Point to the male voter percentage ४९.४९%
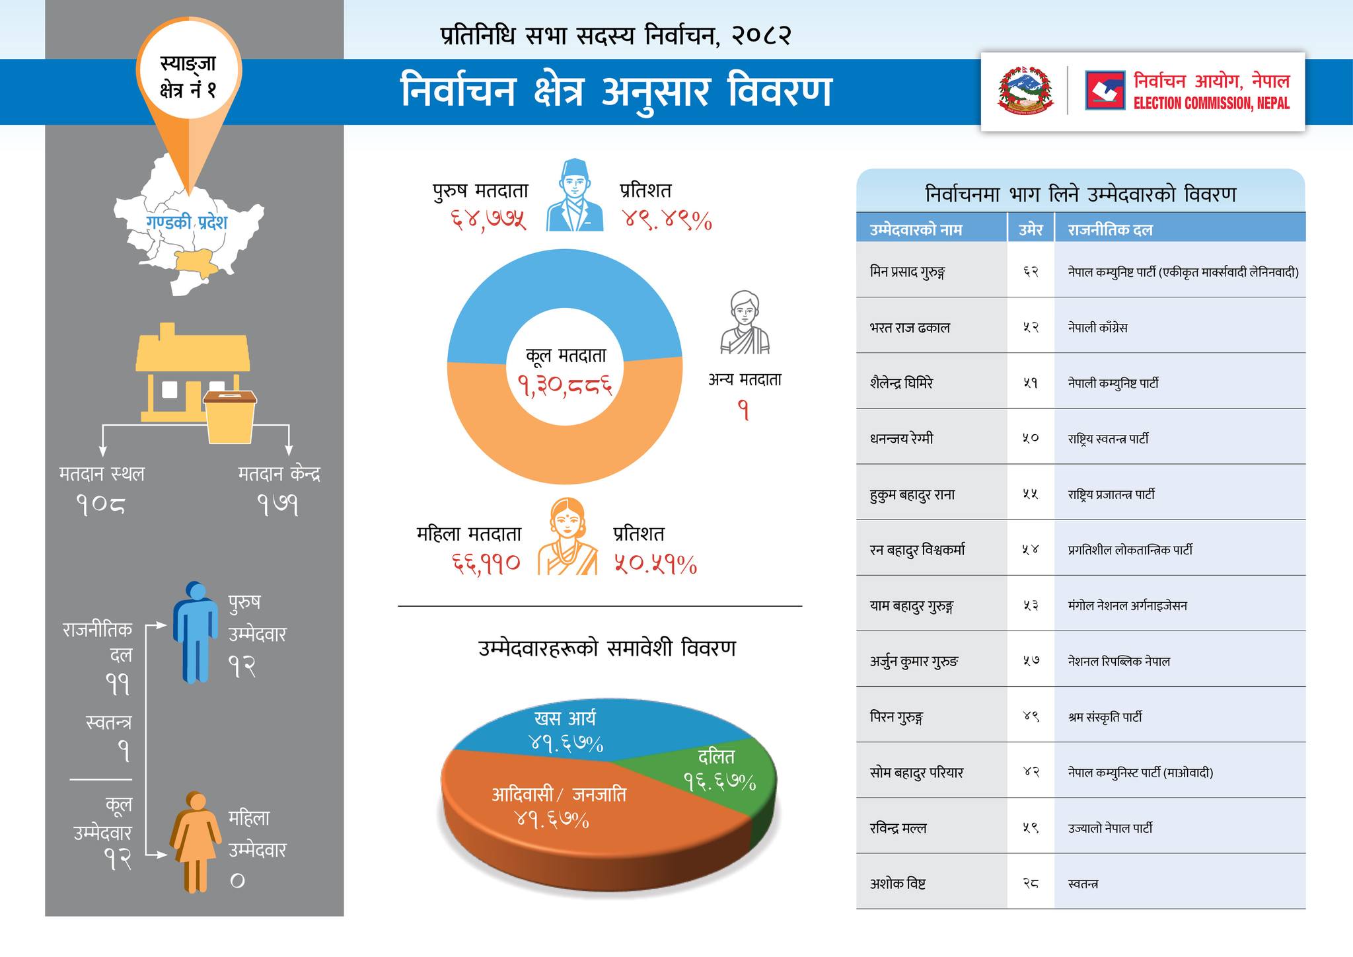[x=667, y=220]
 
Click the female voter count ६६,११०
[x=486, y=563]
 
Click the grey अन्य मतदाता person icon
[x=745, y=323]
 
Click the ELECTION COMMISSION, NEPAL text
[x=1211, y=103]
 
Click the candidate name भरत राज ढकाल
[x=910, y=328]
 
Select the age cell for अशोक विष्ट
[x=1031, y=883]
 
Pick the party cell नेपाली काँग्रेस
[x=1097, y=328]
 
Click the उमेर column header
[x=1031, y=230]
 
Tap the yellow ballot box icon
[x=230, y=416]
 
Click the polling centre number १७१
[x=278, y=506]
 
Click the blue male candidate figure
[x=196, y=632]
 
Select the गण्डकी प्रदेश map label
[x=186, y=222]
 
